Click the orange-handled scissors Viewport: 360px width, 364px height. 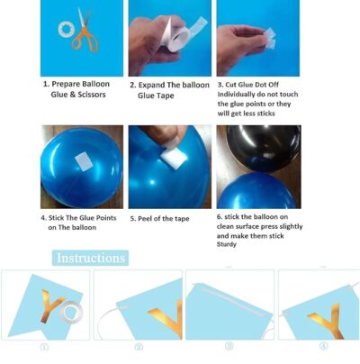(85, 33)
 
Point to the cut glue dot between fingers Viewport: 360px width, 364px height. (269, 39)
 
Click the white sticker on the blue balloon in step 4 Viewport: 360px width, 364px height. (83, 161)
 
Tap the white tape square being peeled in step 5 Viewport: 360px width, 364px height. (174, 159)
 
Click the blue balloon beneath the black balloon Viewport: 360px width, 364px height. (256, 191)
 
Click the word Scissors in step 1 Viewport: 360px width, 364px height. (92, 95)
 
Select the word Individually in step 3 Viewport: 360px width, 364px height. (236, 95)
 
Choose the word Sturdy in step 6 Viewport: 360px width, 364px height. (227, 244)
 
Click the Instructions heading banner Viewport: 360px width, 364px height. (91, 258)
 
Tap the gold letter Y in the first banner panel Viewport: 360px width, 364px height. (51, 305)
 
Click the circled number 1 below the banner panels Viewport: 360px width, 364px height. (44, 348)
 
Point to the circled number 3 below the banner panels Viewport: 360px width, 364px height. (229, 346)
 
